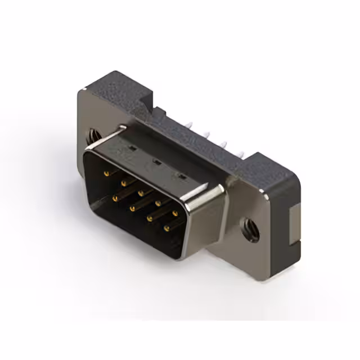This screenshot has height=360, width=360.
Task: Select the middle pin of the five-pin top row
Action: point(140,192)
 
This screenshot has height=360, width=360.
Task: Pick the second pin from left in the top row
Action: point(124,183)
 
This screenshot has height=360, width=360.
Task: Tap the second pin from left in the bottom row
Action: point(132,208)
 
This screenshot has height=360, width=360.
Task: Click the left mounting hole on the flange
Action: point(92,136)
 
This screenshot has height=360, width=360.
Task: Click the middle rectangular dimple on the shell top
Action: point(157,163)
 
